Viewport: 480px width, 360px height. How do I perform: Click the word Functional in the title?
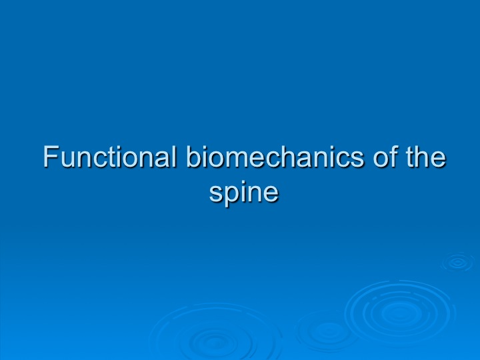pos(110,156)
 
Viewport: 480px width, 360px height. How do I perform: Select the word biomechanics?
pos(275,156)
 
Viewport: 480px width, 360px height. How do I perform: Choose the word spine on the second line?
pos(244,192)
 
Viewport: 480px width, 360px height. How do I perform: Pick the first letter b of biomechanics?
pos(194,157)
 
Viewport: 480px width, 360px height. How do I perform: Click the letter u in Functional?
pos(69,159)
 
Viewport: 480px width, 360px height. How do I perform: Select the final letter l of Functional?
pos(175,156)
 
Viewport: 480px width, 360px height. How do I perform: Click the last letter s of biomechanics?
pos(357,159)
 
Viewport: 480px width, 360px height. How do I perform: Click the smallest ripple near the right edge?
pos(458,262)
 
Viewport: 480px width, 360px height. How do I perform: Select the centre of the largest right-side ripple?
pos(400,313)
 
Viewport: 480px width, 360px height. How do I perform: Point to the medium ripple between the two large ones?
pos(327,331)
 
